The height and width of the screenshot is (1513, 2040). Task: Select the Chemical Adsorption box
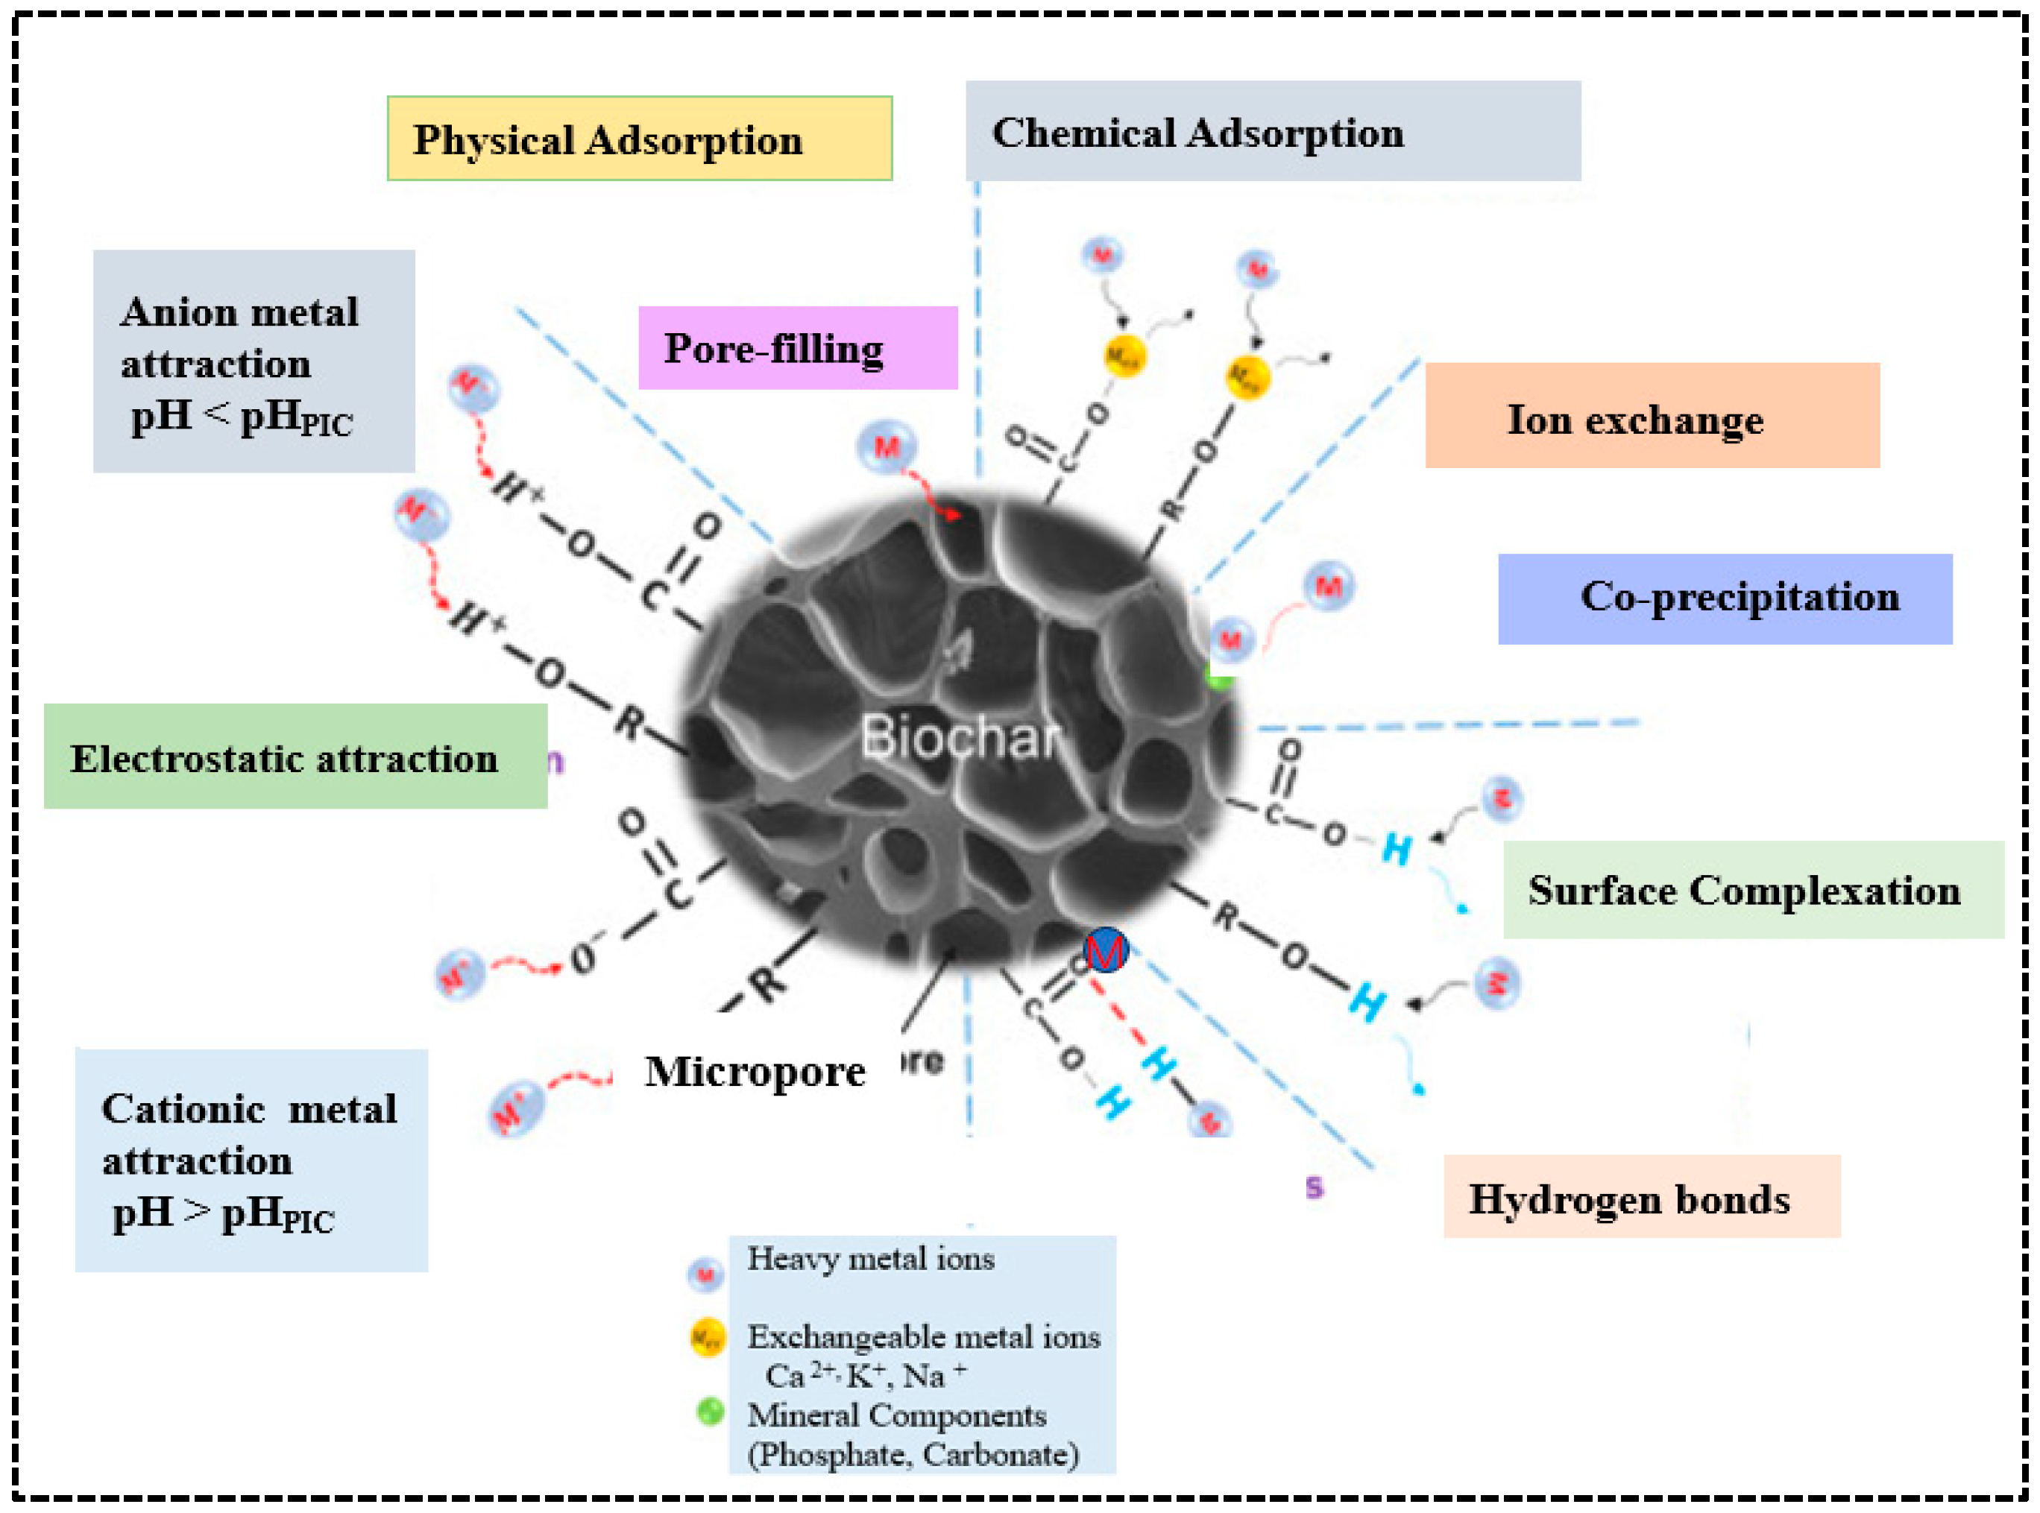[x=1272, y=131]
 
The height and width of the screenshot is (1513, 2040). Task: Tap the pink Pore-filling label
[x=797, y=348]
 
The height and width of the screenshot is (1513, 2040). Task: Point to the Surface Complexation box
[x=1752, y=889]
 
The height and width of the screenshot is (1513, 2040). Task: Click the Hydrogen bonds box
[x=1640, y=1196]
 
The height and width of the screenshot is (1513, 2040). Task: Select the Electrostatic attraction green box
[x=295, y=756]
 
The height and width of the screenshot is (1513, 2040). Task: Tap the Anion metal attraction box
[x=254, y=361]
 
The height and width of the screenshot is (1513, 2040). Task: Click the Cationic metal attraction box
[x=251, y=1160]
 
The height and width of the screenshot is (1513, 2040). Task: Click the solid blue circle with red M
[x=1105, y=951]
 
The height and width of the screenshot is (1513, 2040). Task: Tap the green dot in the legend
[x=710, y=1412]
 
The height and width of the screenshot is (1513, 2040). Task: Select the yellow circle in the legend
[x=707, y=1338]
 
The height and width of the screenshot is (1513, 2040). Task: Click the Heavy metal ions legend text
[x=870, y=1258]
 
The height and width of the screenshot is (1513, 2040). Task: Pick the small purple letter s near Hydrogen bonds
[x=1314, y=1188]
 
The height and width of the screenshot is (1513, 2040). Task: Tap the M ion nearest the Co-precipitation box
[x=1328, y=585]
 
